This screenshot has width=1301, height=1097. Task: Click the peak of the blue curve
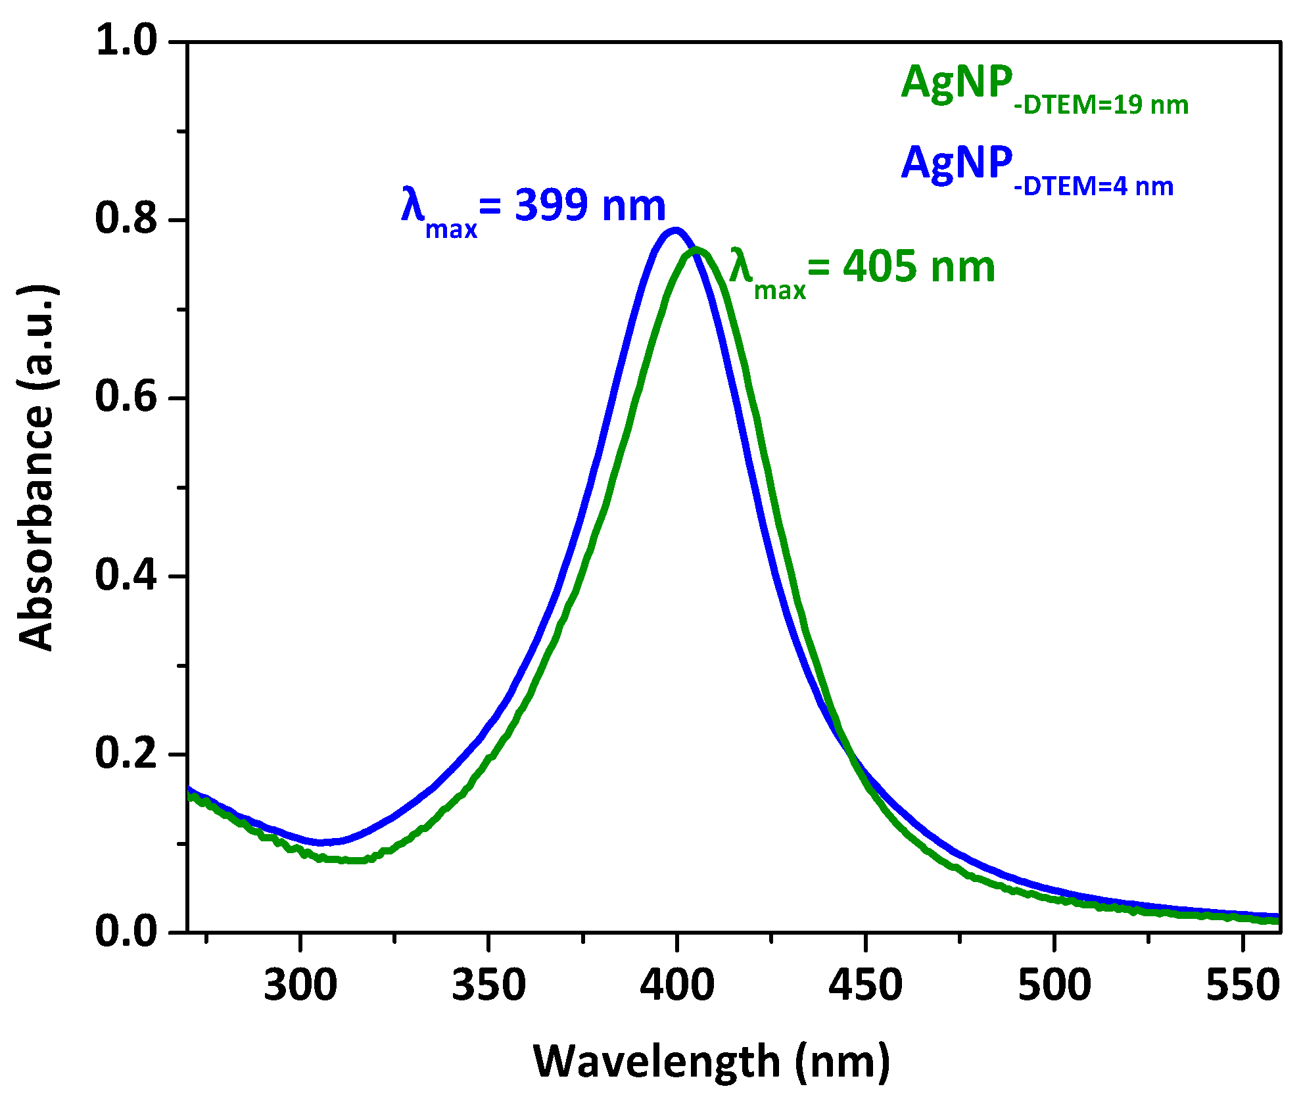[674, 231]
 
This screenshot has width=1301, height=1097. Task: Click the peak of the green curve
[696, 250]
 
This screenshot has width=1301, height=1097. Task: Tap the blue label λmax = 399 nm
[533, 208]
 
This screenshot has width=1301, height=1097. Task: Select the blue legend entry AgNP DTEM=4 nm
[1037, 170]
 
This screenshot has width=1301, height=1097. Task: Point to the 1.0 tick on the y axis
[127, 41]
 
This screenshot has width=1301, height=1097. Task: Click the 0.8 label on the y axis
[127, 219]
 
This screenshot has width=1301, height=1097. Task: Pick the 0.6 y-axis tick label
[127, 397]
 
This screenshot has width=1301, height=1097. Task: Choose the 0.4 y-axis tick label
[127, 575]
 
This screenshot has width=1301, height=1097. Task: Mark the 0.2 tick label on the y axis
[127, 753]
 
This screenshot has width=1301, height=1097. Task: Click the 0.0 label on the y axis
[127, 931]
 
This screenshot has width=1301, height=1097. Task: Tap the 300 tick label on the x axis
[300, 986]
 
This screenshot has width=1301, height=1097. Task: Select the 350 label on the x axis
[488, 986]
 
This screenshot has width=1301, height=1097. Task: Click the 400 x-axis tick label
[677, 986]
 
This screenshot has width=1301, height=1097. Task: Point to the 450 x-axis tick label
[865, 986]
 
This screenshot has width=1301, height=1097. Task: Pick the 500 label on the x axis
[1054, 986]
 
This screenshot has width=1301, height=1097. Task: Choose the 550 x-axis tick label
[1242, 986]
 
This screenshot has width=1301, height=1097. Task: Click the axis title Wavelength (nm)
[711, 1062]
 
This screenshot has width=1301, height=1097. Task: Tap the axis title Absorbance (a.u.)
[36, 468]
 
